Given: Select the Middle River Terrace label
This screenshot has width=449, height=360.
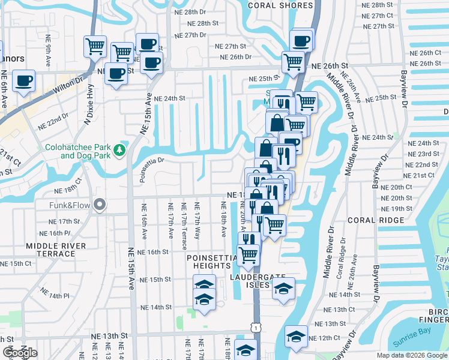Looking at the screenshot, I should tap(56, 250).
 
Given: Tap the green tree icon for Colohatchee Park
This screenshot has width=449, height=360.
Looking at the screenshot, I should tap(120, 148).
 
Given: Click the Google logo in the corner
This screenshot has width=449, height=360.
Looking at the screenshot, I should tap(20, 353).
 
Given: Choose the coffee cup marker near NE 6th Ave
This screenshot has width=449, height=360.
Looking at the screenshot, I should tap(23, 81).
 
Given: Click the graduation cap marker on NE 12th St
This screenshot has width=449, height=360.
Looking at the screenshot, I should tap(296, 337).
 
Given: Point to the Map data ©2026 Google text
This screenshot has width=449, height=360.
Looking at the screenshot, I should tap(412, 355).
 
